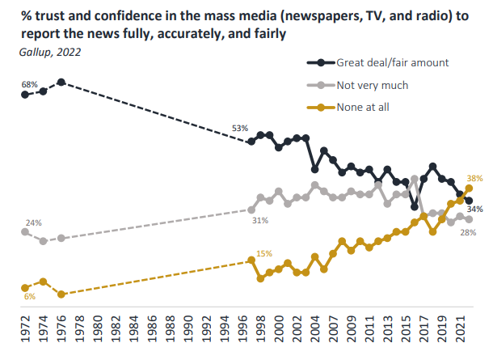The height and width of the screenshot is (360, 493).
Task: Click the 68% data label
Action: tap(31, 84)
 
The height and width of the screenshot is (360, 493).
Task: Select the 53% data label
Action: tap(239, 129)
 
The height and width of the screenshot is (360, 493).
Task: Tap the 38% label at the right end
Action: tap(474, 178)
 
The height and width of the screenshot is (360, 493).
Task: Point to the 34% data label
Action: tap(475, 209)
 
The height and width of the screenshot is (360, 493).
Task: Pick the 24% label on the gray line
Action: tap(33, 222)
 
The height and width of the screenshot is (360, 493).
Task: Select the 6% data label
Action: tap(30, 297)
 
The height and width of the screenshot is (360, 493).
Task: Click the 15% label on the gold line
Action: tap(263, 254)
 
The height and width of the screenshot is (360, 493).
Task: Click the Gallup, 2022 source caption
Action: tap(49, 52)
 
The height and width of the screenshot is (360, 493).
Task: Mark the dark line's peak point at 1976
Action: tap(61, 83)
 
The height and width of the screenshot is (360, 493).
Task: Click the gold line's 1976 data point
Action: tap(61, 294)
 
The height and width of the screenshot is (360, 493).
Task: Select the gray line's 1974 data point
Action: tap(43, 241)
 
